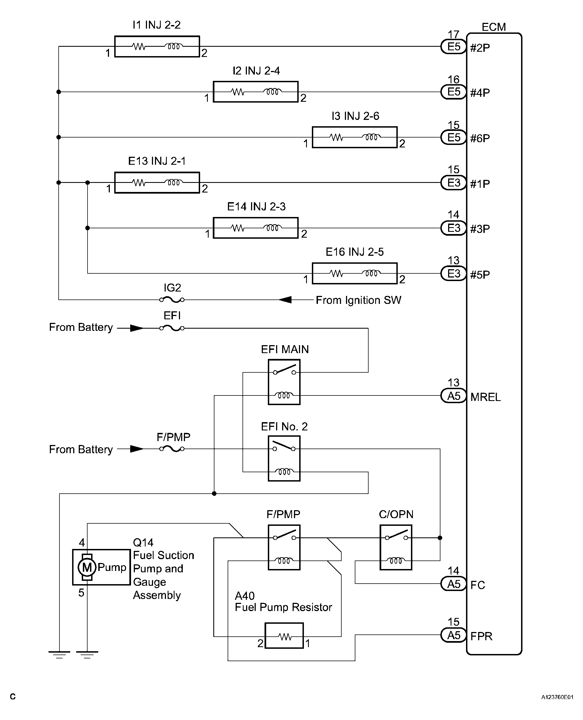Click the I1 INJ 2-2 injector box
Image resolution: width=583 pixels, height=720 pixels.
click(157, 47)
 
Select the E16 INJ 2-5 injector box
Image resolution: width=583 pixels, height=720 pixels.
click(354, 273)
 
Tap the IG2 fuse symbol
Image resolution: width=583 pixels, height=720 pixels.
click(172, 299)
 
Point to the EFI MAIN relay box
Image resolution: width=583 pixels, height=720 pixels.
click(284, 382)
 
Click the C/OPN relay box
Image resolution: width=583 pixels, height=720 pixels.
click(396, 548)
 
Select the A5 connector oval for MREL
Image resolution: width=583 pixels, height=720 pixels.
click(453, 396)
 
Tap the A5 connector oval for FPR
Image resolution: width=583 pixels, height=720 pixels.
click(453, 635)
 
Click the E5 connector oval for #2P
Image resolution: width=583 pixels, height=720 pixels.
click(453, 47)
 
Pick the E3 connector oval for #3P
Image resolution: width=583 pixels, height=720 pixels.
click(453, 228)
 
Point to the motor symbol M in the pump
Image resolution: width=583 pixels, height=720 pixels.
click(87, 567)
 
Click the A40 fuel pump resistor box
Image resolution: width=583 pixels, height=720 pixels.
click(284, 636)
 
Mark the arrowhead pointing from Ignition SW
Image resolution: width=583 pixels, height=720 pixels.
click(285, 299)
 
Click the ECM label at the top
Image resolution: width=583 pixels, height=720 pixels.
click(493, 27)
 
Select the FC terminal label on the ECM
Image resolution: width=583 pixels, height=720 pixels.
click(478, 585)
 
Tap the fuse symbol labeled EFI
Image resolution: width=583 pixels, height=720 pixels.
click(172, 328)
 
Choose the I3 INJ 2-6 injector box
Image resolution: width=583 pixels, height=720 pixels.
click(354, 137)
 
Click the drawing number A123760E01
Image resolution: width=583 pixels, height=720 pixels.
click(557, 697)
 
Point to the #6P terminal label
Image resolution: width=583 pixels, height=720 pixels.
click(480, 138)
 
